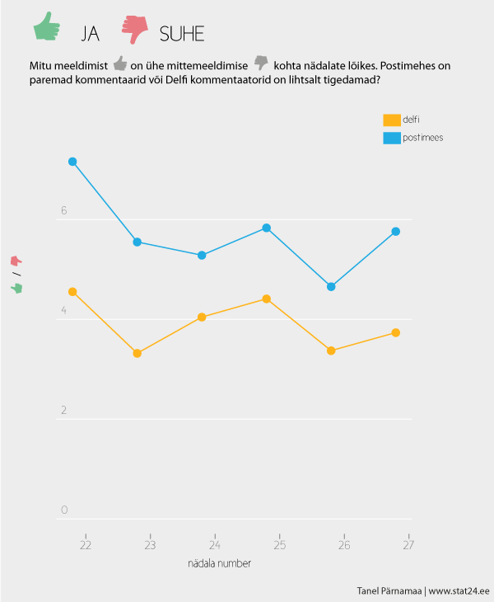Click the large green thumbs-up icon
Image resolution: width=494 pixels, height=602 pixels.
click(x=47, y=28)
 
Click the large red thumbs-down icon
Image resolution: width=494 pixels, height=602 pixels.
click(x=134, y=29)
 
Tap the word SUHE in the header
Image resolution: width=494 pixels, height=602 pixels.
click(x=182, y=34)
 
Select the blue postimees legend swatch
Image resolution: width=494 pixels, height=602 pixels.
click(x=392, y=138)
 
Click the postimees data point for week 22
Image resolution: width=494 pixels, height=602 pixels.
click(x=72, y=162)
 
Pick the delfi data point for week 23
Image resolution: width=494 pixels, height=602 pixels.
click(x=137, y=353)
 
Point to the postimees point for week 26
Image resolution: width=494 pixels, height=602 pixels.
click(x=331, y=287)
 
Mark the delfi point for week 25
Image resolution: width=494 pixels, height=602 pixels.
click(x=266, y=299)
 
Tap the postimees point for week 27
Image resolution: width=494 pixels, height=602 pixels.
click(x=396, y=232)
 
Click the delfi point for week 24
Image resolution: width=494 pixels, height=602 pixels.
click(x=202, y=317)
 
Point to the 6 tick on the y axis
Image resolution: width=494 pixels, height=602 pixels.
click(x=64, y=212)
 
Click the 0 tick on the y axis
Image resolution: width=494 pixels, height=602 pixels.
click(x=64, y=510)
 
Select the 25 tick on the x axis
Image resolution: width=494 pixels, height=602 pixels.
click(x=279, y=544)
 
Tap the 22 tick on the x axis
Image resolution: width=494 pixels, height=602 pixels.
click(x=85, y=544)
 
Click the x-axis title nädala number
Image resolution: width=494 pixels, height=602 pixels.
click(x=220, y=564)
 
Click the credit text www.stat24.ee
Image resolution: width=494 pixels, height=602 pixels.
click(x=459, y=591)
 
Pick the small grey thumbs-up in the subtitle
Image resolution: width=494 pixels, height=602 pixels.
click(x=120, y=63)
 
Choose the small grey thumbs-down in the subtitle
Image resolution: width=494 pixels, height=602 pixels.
click(x=261, y=63)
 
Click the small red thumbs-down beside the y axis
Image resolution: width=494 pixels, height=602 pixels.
click(x=16, y=261)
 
